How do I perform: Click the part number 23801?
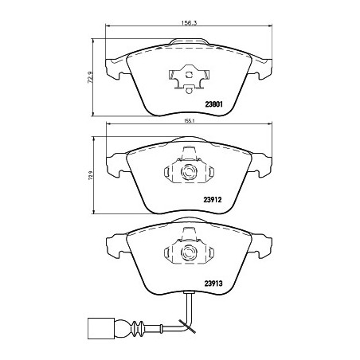coord(213,104)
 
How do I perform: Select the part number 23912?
coord(213,200)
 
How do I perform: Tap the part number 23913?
coord(213,284)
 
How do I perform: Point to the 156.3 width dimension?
coord(189,23)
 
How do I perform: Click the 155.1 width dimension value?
coord(190,121)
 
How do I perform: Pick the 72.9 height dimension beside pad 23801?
coord(90,77)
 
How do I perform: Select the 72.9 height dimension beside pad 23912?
coord(91,175)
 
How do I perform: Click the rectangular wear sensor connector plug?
coord(101,327)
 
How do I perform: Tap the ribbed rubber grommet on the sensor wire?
coord(138,327)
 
